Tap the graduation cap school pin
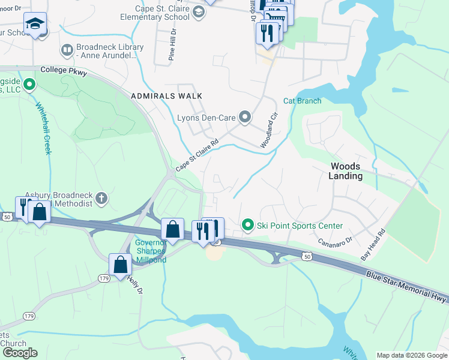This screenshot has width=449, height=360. point(35,25)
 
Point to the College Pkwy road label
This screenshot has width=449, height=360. point(64,71)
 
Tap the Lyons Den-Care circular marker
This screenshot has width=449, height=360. point(245,116)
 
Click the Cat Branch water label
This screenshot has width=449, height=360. point(302,101)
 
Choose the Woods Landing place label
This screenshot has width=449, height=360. point(345,171)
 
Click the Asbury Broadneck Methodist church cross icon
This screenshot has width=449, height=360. point(103,197)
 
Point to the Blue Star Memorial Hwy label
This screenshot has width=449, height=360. point(405,286)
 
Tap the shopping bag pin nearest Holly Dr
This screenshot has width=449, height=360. point(120,265)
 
